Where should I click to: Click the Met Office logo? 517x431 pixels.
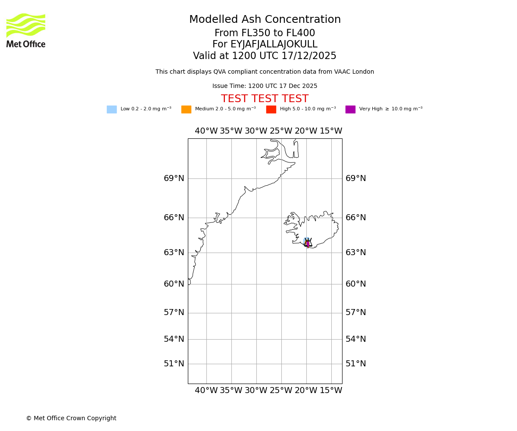[26, 30]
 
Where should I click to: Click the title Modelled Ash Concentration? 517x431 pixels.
[265, 20]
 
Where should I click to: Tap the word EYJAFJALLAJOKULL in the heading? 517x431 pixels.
[274, 44]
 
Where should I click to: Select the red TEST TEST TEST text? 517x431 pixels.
[265, 99]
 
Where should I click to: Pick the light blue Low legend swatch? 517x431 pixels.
[112, 109]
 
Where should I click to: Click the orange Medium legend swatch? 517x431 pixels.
[186, 109]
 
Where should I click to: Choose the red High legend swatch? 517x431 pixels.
[271, 109]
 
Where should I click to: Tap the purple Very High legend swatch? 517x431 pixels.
[350, 109]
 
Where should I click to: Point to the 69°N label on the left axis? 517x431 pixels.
[174, 178]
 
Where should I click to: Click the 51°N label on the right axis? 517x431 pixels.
[356, 364]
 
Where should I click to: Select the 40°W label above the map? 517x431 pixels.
[206, 131]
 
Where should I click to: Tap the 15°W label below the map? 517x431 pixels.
[331, 390]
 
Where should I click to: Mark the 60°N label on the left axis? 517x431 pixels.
[174, 284]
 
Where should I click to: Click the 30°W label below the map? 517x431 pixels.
[256, 390]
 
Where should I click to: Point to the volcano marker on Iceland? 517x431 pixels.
[308, 243]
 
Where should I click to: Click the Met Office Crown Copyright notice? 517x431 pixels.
[71, 419]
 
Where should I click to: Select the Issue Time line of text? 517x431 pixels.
[265, 86]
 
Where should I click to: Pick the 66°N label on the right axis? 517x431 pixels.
[356, 218]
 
